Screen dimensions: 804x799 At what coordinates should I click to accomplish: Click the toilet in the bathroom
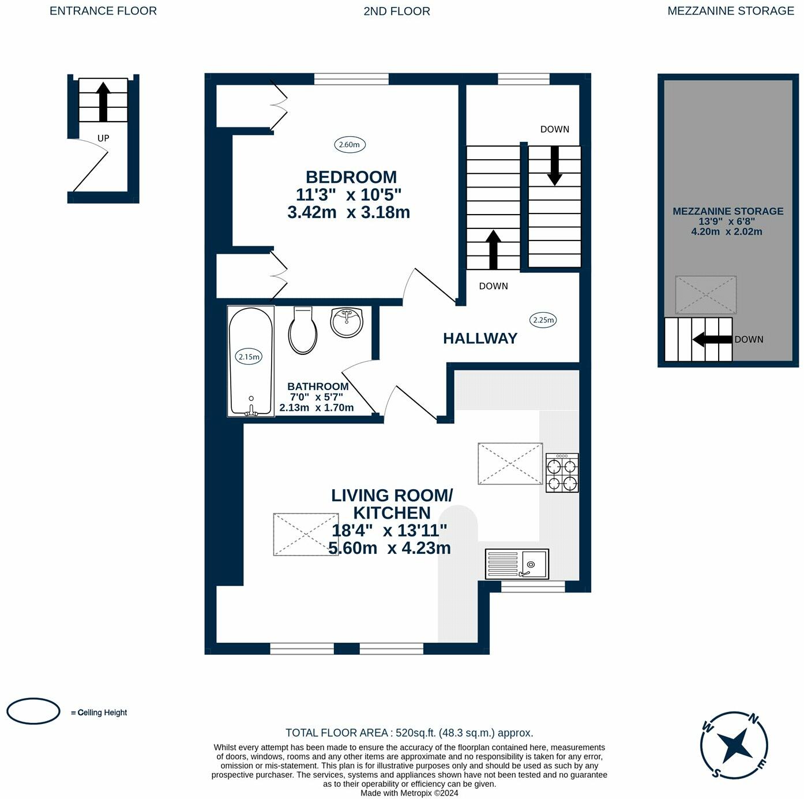click(303, 330)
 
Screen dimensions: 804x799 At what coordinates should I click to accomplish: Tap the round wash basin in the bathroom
click(347, 322)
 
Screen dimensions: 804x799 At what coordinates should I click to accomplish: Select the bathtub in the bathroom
click(251, 361)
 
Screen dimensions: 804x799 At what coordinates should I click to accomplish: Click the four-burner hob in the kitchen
click(562, 472)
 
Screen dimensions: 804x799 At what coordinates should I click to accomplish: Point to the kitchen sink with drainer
click(517, 564)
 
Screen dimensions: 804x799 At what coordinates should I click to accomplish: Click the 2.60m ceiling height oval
click(350, 145)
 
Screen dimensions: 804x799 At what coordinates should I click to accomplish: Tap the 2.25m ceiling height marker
click(543, 320)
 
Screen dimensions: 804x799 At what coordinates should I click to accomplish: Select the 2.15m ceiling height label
click(249, 357)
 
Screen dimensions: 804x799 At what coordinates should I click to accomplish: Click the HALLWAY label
click(480, 339)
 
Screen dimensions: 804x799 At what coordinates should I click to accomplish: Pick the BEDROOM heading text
click(351, 177)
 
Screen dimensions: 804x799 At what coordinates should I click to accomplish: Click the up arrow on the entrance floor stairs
click(103, 102)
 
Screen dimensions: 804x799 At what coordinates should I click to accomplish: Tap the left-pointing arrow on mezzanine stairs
click(713, 339)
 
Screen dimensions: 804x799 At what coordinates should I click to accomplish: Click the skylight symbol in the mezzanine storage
click(706, 295)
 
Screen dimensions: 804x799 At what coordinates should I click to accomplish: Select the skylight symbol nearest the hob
click(510, 464)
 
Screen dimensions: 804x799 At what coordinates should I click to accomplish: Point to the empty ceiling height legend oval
click(33, 711)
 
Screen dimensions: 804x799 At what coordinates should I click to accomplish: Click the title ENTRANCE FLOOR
click(103, 11)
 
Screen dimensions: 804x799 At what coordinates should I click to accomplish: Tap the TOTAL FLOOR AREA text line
click(409, 733)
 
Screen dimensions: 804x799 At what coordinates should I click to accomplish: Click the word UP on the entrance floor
click(103, 138)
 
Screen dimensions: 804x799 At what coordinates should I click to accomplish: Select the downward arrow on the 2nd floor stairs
click(554, 166)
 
